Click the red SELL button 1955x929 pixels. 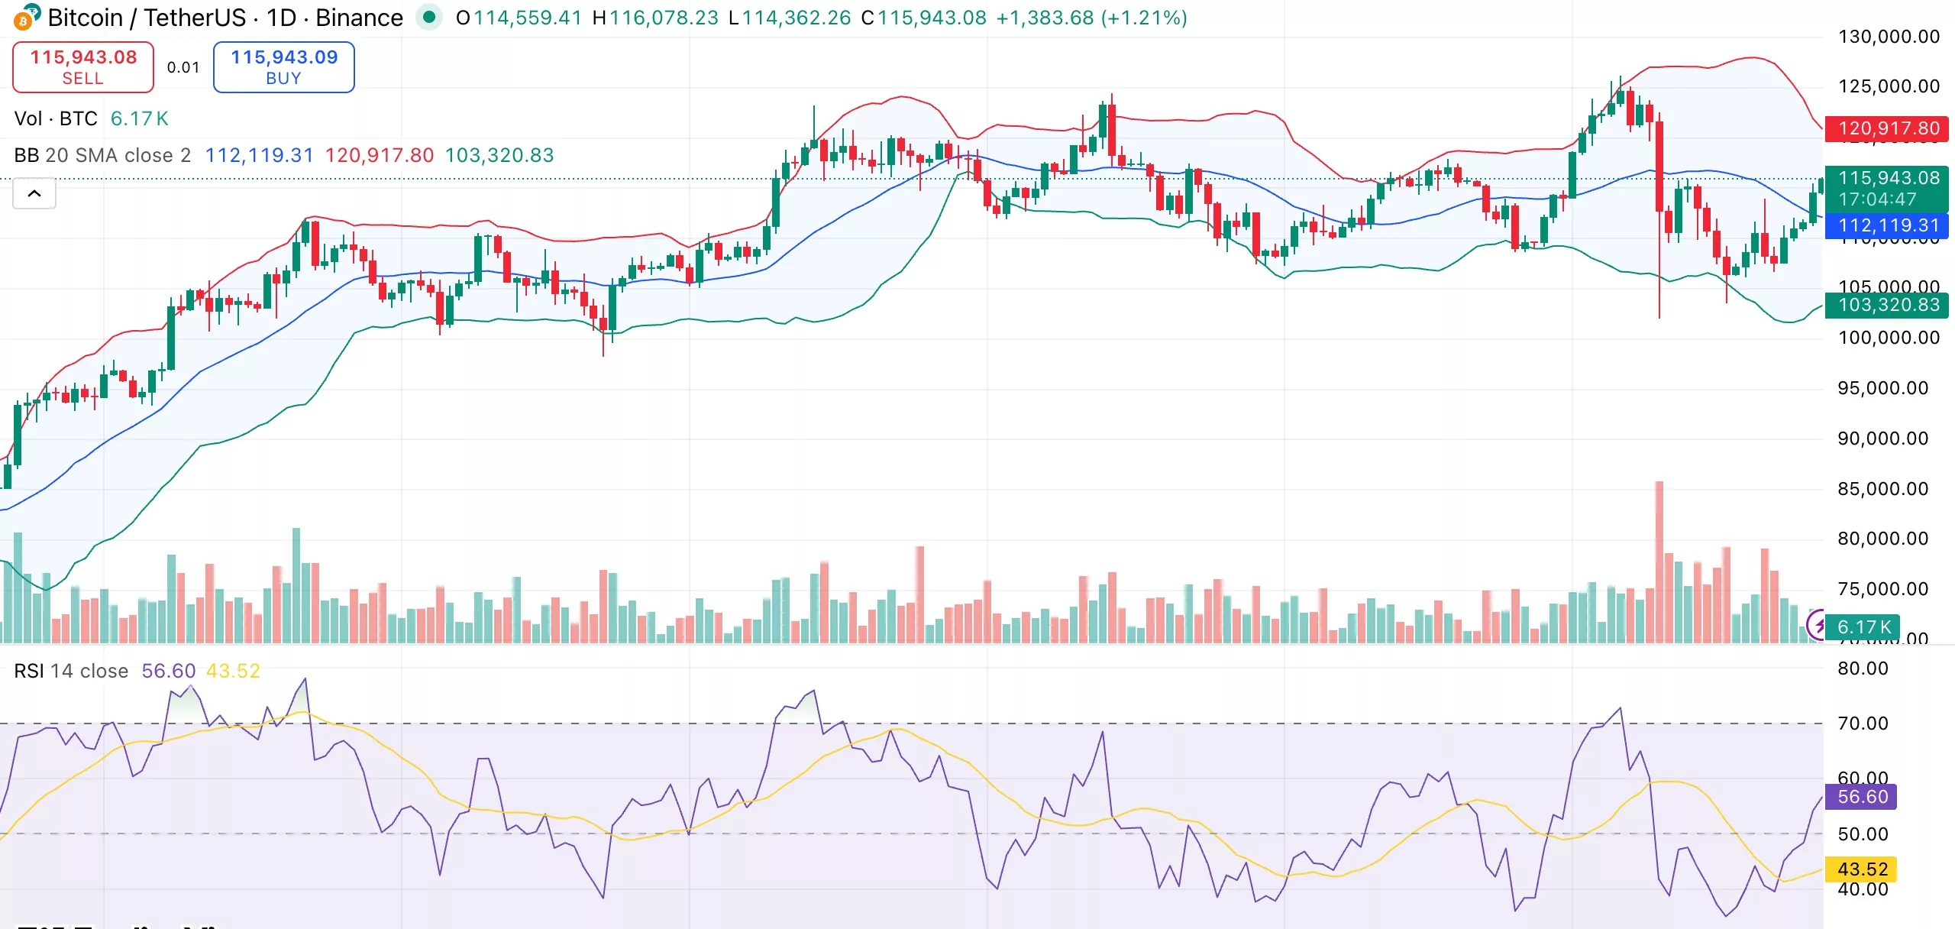[x=83, y=67]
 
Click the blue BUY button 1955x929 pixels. [x=283, y=67]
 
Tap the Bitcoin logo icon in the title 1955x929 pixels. [x=25, y=18]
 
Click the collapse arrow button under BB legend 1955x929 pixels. [x=34, y=194]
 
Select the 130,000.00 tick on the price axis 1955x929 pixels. [x=1889, y=37]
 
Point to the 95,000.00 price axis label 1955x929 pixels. [x=1882, y=388]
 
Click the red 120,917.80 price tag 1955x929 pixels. [x=1887, y=128]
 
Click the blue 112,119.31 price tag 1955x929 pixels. [x=1887, y=225]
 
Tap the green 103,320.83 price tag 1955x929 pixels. [x=1887, y=305]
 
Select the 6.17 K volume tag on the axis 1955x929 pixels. [x=1863, y=627]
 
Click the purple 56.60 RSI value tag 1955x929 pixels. [x=1862, y=797]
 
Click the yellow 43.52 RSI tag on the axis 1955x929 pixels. [x=1862, y=869]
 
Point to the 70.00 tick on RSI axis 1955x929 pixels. [x=1863, y=723]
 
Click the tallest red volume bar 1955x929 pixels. [x=1659, y=562]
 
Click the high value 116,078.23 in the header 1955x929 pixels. [x=664, y=18]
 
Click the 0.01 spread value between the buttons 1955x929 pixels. [x=183, y=67]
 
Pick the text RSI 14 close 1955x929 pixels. [x=71, y=671]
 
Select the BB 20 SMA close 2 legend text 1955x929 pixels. [x=102, y=155]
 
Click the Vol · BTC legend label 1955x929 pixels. [x=56, y=118]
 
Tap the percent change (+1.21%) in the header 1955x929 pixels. [x=1144, y=18]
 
